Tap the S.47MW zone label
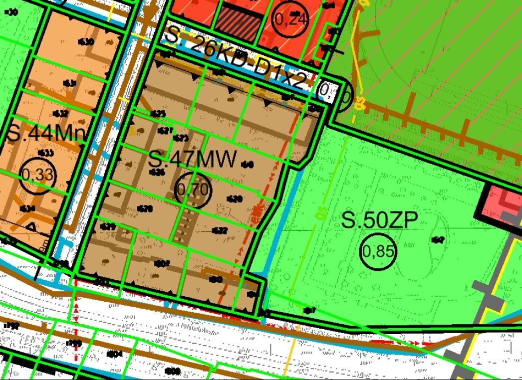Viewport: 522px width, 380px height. pos(192,159)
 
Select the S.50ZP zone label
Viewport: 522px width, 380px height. pos(379,220)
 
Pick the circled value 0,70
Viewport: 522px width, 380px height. pos(193,190)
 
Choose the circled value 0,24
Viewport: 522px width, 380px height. pos(291,19)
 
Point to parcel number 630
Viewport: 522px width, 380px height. pos(86,42)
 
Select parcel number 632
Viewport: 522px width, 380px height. pos(60,114)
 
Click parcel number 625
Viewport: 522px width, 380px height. pos(158,114)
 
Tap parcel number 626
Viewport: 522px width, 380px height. pos(157,173)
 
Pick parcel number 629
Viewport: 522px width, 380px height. pos(108,227)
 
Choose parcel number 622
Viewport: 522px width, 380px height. pos(220,230)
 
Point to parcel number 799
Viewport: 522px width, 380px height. pos(74,343)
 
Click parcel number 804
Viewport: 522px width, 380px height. pos(115,354)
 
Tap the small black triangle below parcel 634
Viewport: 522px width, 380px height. pos(31,226)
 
